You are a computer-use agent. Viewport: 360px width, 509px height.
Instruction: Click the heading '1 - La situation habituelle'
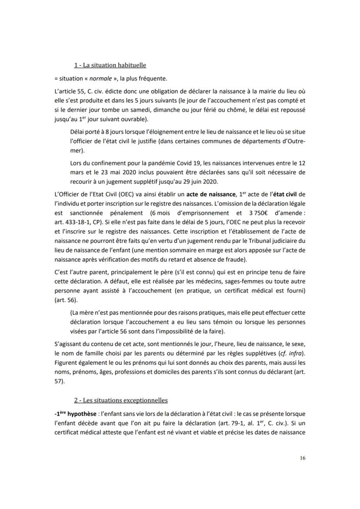(110, 65)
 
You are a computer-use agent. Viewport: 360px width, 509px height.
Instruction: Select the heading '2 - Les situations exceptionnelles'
(120, 400)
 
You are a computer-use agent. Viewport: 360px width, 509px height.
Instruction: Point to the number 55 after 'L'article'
(80, 91)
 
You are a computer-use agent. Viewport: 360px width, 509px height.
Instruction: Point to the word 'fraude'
(234, 260)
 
